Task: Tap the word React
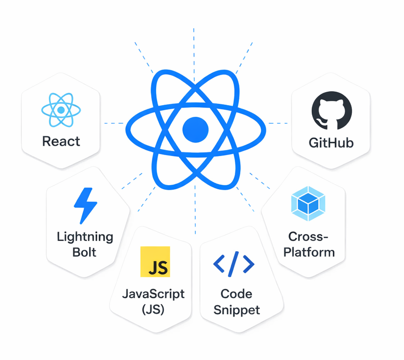point(61,141)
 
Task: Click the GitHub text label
point(331,143)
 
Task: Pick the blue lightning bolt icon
point(85,205)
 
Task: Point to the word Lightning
point(85,237)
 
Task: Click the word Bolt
point(85,252)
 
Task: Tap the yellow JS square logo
point(155,262)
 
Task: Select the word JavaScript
point(153,294)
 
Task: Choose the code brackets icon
point(234,264)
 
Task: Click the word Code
point(236,294)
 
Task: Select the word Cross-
point(309,236)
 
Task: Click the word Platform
point(309,252)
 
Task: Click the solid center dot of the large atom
point(196,129)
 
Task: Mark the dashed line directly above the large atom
point(194,45)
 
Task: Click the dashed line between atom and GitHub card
point(278,123)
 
